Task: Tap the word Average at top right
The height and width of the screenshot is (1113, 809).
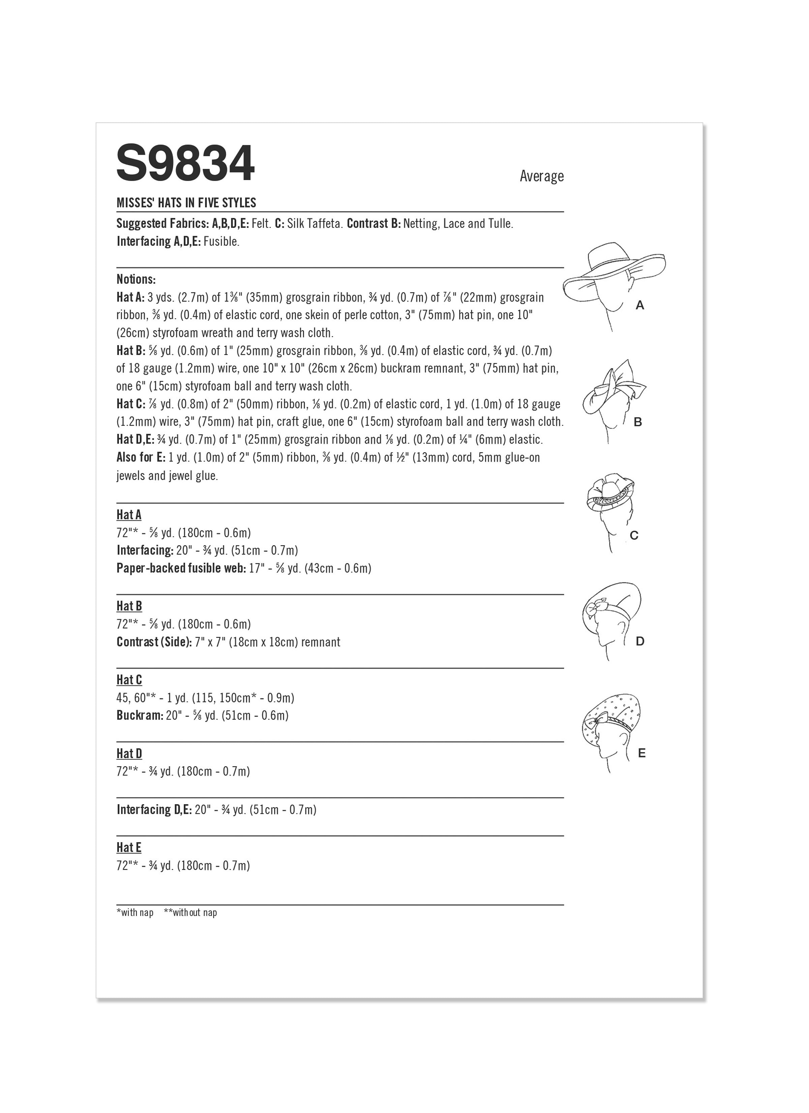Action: tap(542, 176)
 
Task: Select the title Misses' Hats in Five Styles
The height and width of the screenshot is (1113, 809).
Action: tap(186, 203)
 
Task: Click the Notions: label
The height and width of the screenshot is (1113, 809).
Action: tap(136, 279)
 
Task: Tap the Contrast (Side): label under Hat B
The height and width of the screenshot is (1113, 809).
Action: tap(154, 642)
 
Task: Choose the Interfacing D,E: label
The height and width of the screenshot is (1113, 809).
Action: tap(154, 810)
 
